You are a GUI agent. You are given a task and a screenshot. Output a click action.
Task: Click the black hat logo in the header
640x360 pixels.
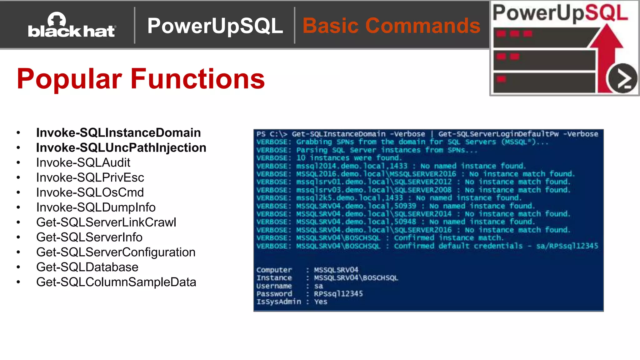pyautogui.click(x=72, y=26)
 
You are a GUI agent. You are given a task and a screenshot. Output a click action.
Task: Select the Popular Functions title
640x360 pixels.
pyautogui.click(x=141, y=79)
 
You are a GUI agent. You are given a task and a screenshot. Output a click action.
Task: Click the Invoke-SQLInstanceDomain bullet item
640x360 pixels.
pyautogui.click(x=118, y=133)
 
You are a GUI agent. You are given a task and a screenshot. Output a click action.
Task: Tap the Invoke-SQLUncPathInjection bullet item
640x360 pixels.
pyautogui.click(x=121, y=148)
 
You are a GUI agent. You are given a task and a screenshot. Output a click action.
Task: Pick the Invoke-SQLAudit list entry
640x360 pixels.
pyautogui.click(x=83, y=163)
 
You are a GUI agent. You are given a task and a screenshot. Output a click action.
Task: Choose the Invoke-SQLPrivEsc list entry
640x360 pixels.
pyautogui.click(x=90, y=178)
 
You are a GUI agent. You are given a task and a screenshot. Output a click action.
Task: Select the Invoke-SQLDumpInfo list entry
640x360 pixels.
pyautogui.click(x=96, y=207)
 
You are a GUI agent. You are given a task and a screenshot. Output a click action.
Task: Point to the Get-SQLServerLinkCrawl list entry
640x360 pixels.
pyautogui.click(x=106, y=222)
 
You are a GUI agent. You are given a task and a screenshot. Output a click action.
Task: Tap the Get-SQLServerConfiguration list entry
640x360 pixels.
pyautogui.click(x=116, y=252)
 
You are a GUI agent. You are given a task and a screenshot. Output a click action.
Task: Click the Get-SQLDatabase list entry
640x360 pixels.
pyautogui.click(x=87, y=267)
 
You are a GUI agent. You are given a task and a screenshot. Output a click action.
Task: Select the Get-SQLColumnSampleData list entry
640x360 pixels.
pyautogui.click(x=116, y=282)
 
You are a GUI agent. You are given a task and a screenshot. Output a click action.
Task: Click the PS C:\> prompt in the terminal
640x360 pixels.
pyautogui.click(x=272, y=134)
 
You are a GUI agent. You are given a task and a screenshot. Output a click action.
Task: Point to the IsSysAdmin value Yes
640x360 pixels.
pyautogui.click(x=321, y=302)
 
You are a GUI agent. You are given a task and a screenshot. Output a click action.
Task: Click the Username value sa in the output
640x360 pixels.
pyautogui.click(x=318, y=286)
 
